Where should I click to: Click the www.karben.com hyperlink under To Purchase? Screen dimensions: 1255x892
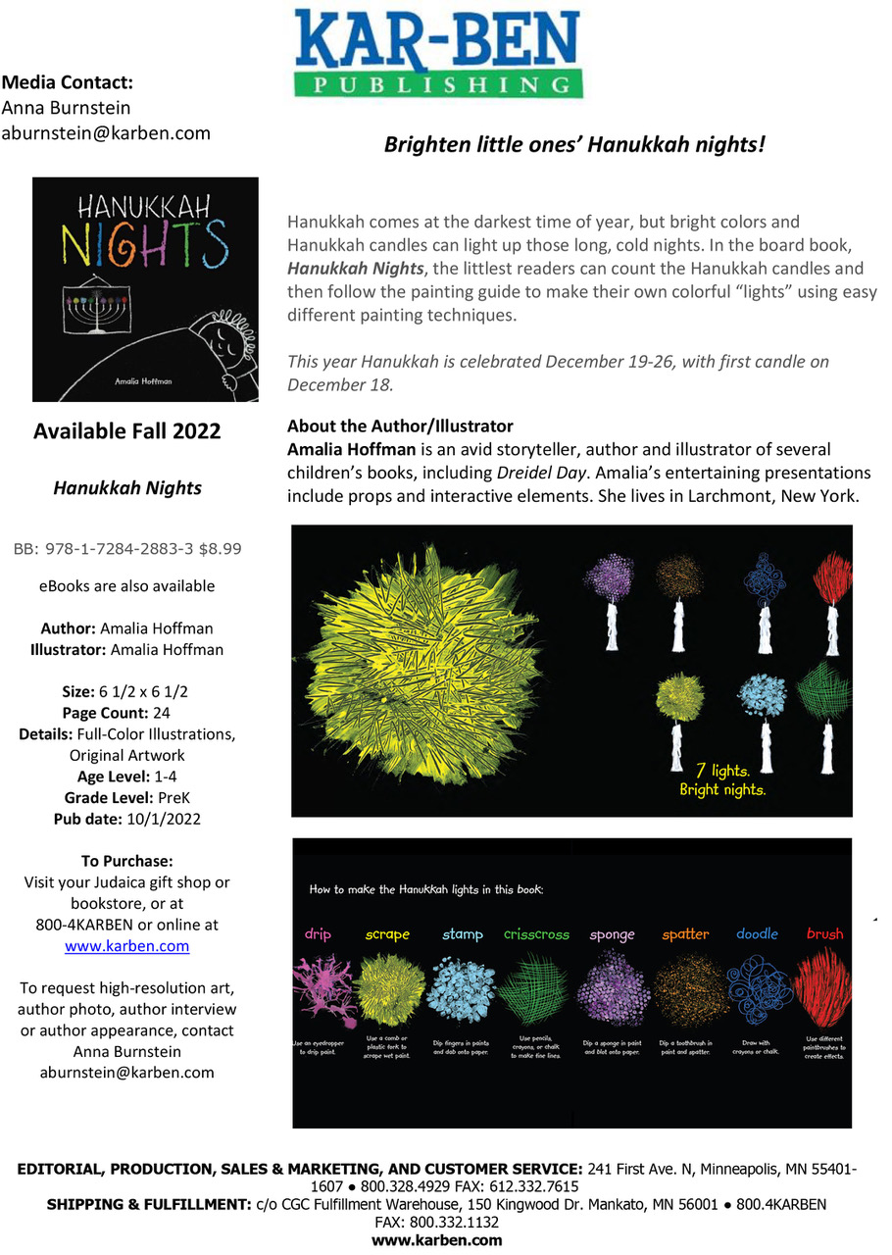coord(126,946)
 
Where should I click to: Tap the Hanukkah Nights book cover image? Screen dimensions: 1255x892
coord(145,289)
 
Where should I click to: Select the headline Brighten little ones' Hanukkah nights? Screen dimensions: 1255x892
coord(573,145)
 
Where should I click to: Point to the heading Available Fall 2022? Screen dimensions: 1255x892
coord(126,431)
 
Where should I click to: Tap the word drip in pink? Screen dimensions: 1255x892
coord(318,934)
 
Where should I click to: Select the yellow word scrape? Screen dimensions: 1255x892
coord(387,934)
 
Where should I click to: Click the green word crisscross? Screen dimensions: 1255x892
coord(536,934)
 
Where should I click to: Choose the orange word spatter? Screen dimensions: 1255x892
coord(685,934)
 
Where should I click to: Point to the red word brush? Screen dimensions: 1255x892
coord(824,934)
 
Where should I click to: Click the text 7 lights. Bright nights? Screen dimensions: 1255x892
coord(721,779)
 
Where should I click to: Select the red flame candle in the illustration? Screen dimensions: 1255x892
coord(833,588)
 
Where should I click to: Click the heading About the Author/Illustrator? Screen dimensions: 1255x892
coord(400,427)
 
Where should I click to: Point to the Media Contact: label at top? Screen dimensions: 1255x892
coord(68,82)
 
